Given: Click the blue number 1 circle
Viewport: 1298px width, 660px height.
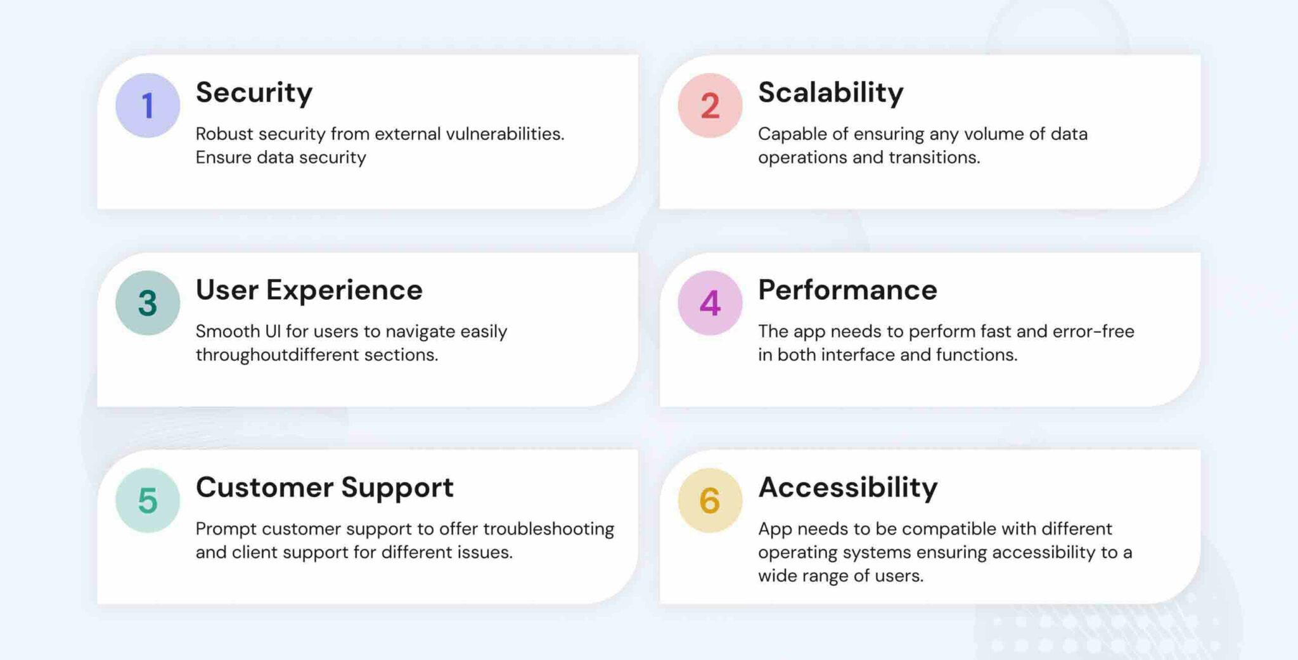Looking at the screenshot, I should [148, 105].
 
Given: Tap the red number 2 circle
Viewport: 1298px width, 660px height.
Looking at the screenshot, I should [710, 105].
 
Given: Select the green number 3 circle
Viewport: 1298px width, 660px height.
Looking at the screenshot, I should [148, 303].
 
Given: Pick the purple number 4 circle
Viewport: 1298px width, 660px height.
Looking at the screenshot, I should [710, 303].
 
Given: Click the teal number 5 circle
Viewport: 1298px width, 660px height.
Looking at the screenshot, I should [148, 500].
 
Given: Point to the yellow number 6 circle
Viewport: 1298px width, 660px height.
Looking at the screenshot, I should [710, 500].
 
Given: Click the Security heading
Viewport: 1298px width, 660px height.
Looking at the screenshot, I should [254, 93].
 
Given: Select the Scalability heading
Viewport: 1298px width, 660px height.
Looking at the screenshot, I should [830, 93].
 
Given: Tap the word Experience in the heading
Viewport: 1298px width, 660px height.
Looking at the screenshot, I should [344, 290].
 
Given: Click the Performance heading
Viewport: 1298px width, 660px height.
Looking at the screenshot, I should [847, 290].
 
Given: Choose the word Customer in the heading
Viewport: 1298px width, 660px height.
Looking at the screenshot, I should [264, 488].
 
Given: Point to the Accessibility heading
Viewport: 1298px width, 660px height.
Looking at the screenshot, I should [847, 488].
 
